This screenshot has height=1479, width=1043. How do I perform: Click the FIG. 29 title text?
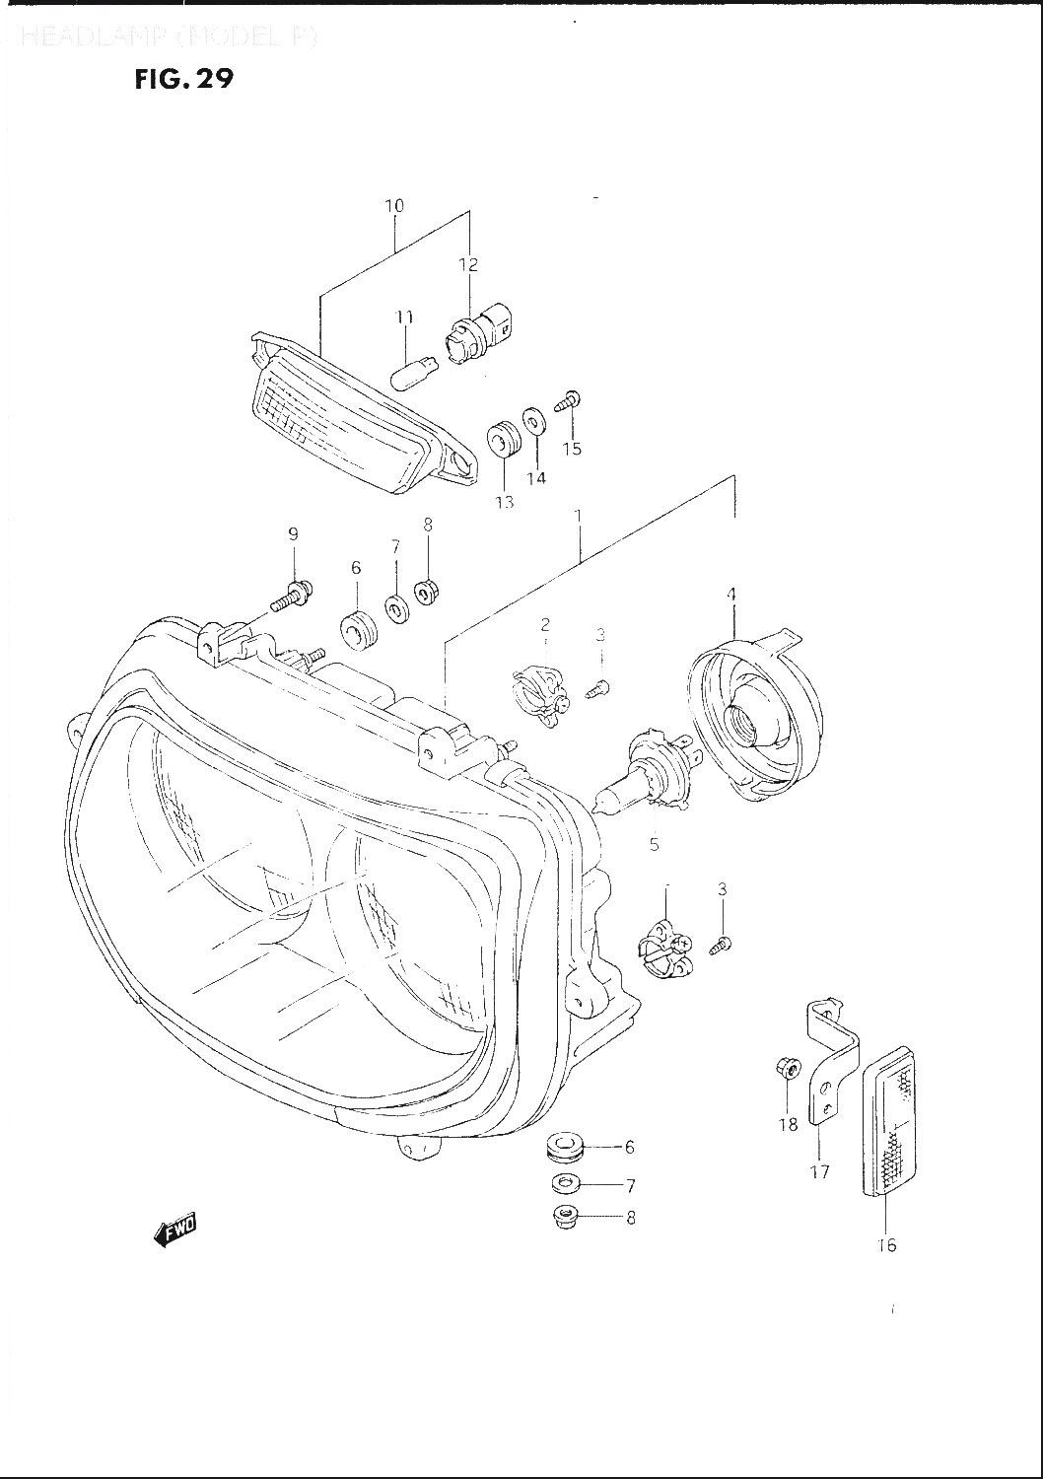coord(184,79)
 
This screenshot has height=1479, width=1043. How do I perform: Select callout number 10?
coord(394,206)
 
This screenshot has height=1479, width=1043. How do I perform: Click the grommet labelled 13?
coord(505,439)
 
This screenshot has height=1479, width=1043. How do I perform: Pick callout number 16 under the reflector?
coord(886,1245)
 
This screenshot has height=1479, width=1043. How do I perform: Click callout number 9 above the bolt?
coord(293,534)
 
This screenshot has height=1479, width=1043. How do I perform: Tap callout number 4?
coord(732,594)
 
